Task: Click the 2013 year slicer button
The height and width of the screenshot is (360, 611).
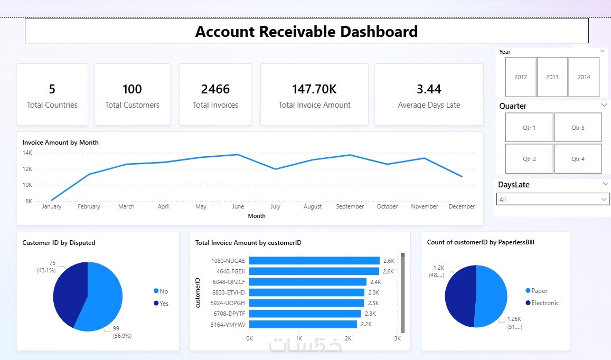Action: click(552, 77)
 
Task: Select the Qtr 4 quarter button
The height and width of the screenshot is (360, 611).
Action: click(578, 159)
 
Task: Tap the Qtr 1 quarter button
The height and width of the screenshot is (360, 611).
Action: click(529, 128)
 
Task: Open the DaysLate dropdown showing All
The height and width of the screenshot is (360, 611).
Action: click(553, 200)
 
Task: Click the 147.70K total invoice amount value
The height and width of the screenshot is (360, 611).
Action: click(314, 89)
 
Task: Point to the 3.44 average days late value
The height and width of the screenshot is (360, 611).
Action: click(429, 89)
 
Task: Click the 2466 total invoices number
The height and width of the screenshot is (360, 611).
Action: click(215, 89)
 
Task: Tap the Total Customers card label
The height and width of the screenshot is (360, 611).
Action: click(132, 105)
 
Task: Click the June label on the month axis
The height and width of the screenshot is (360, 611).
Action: click(238, 206)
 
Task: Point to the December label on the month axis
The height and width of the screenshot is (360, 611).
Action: click(462, 206)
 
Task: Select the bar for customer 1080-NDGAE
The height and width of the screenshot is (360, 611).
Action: click(314, 261)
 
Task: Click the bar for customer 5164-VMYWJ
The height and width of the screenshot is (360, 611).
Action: click(303, 324)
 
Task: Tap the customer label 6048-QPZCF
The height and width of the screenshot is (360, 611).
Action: click(229, 282)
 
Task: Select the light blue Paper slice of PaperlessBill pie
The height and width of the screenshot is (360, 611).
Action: click(492, 296)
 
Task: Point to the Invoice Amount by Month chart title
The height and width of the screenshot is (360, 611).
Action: click(60, 143)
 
